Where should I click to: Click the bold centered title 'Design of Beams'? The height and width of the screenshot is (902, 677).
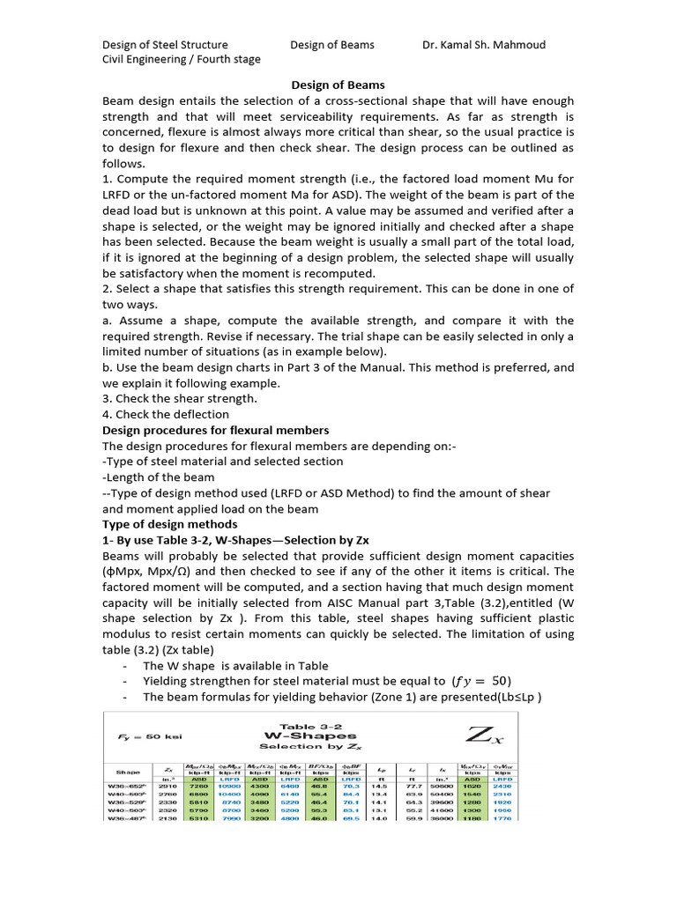coord(338,85)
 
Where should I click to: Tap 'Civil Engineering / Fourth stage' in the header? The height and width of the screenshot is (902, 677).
coord(182,60)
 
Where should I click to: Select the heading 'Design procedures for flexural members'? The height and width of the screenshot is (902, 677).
coord(216,430)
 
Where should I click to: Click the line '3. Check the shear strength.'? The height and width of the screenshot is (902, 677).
coord(180,398)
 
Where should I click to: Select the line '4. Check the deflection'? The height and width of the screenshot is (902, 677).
coord(167,414)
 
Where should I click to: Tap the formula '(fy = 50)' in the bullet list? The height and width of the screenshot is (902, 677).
coord(481,681)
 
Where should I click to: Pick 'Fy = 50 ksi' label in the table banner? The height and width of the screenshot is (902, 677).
coord(150,734)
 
